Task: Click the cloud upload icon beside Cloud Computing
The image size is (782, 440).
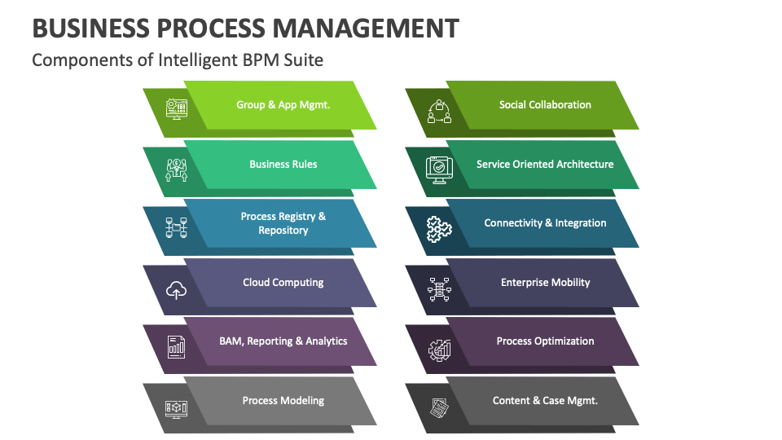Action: click(177, 289)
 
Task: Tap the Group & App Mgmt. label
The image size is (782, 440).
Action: click(283, 105)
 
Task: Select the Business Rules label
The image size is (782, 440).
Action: click(283, 164)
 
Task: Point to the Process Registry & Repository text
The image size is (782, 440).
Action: click(283, 223)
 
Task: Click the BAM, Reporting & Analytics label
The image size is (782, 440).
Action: click(283, 341)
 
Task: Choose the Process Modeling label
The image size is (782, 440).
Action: click(283, 401)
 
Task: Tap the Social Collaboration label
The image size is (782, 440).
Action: click(545, 105)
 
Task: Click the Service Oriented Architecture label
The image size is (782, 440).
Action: click(545, 164)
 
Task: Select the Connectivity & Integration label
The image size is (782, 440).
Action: click(545, 223)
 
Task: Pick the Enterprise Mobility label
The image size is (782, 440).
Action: click(545, 283)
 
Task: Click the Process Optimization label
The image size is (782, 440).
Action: click(545, 341)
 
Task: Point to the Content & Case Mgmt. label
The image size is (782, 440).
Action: click(545, 401)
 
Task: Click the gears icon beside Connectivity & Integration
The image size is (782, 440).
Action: click(439, 230)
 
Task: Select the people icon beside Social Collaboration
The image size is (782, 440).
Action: click(439, 112)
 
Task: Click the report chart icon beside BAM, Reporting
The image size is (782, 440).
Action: click(177, 348)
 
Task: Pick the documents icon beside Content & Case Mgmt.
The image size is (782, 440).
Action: click(439, 407)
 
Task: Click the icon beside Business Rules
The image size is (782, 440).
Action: click(177, 170)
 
